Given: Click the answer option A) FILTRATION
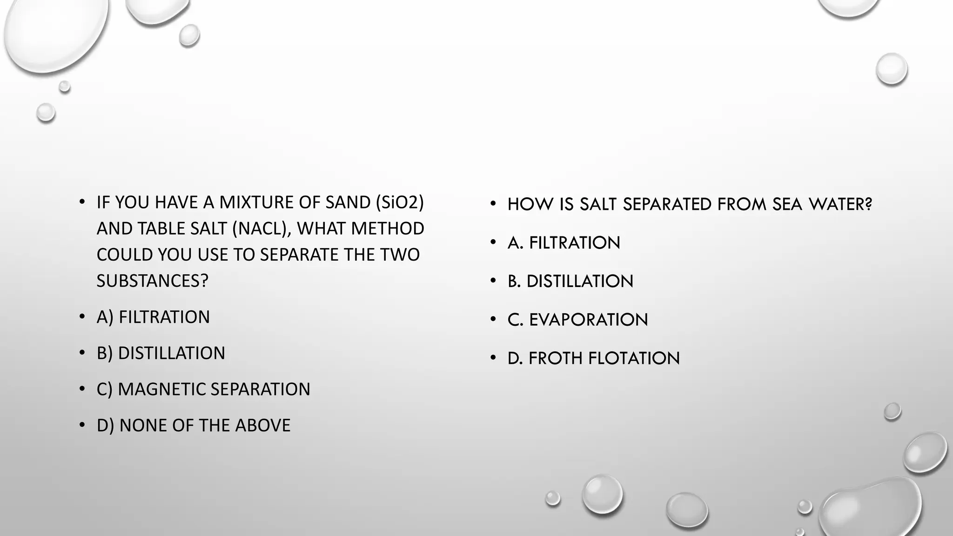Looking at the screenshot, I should coord(153,317).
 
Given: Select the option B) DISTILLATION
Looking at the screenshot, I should coord(161,353).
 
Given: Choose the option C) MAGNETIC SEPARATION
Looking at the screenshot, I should coord(203,389).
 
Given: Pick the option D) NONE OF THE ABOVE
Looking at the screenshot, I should coord(193,425).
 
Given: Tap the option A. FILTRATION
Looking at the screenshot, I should coord(564,243).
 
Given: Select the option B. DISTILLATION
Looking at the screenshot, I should coord(570,281).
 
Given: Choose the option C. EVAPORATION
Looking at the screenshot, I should coord(577,320).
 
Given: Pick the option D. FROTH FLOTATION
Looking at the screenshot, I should coord(593,358).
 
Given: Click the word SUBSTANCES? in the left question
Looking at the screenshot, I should coord(152,281).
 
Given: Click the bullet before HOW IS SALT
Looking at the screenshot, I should coord(493,203).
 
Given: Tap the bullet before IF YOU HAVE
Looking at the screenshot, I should coord(82,201).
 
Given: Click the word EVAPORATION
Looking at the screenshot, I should coord(588,320).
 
